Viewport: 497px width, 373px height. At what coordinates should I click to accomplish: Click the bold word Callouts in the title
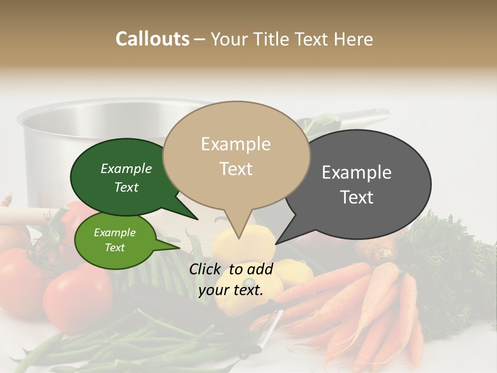152,39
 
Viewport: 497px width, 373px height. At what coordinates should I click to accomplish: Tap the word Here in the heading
354,39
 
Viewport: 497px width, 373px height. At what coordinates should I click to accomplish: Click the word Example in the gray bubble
357,172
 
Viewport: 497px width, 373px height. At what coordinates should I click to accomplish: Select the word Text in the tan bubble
236,169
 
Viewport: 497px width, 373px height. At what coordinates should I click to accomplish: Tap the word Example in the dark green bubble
126,168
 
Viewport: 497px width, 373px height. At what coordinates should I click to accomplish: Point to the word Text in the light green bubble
115,248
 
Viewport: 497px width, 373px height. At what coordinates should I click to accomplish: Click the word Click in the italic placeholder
206,269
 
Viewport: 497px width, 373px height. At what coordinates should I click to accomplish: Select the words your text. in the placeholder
231,290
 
